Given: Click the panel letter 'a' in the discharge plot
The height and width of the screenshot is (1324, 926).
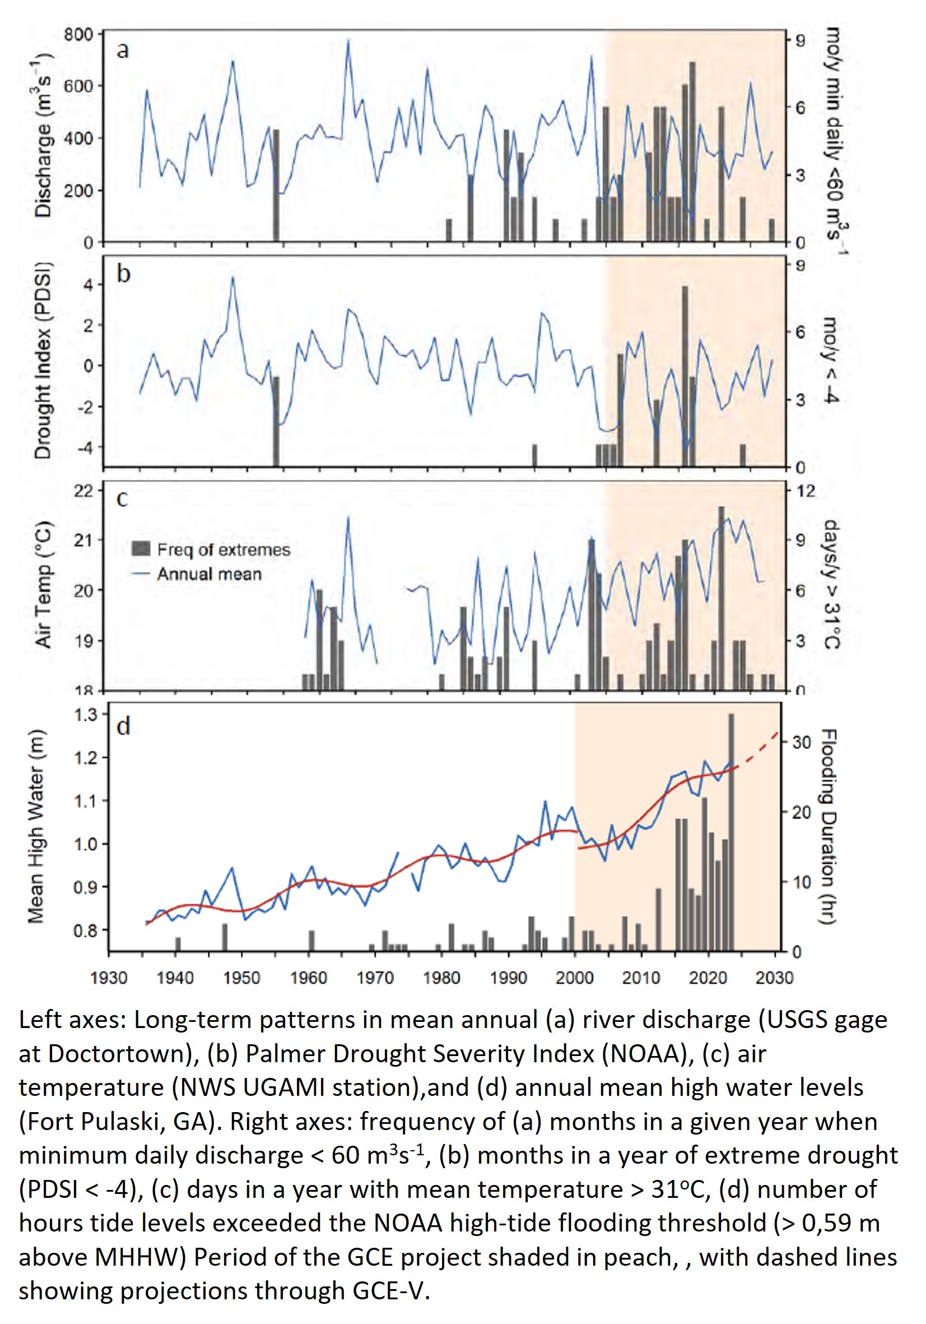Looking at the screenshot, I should click(122, 51).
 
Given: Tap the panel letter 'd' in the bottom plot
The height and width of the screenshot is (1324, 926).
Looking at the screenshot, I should click(123, 725).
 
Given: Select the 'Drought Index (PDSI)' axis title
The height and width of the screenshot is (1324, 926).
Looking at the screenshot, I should click(43, 360).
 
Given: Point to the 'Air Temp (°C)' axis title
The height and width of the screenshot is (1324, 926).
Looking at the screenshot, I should click(44, 584).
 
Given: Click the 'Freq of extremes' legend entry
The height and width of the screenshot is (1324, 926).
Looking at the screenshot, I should click(223, 549).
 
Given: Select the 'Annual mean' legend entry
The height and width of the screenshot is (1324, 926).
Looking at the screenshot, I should click(209, 575).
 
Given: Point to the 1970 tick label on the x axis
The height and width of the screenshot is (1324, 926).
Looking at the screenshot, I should click(375, 978).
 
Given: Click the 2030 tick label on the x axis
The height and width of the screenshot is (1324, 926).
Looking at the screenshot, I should click(774, 978).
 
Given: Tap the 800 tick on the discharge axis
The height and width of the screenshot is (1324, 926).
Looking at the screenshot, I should click(78, 35).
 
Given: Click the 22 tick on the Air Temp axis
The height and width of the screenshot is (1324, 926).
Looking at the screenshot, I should click(83, 490).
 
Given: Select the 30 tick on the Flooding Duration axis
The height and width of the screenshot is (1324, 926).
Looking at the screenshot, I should click(802, 742).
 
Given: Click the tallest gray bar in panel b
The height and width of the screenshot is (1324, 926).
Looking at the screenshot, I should click(685, 375).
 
